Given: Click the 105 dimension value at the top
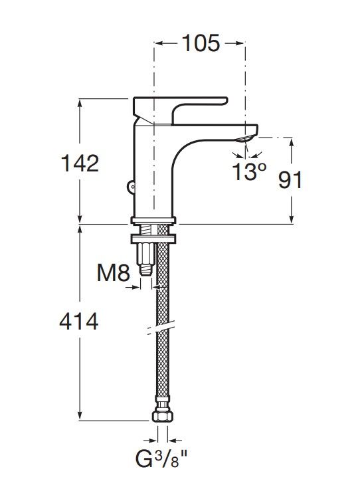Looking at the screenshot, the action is tap(201, 43).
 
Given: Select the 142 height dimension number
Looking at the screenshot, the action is tap(80, 163).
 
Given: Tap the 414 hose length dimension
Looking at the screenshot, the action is tap(79, 322).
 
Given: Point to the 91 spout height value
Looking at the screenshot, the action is tap(290, 179).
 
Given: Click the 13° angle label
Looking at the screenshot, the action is tap(249, 171).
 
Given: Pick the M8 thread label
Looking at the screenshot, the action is tap(113, 273).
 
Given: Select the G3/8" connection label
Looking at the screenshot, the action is tap(161, 458).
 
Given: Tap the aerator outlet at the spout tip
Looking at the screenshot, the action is tap(244, 139).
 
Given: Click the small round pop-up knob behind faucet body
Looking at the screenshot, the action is tap(131, 186).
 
